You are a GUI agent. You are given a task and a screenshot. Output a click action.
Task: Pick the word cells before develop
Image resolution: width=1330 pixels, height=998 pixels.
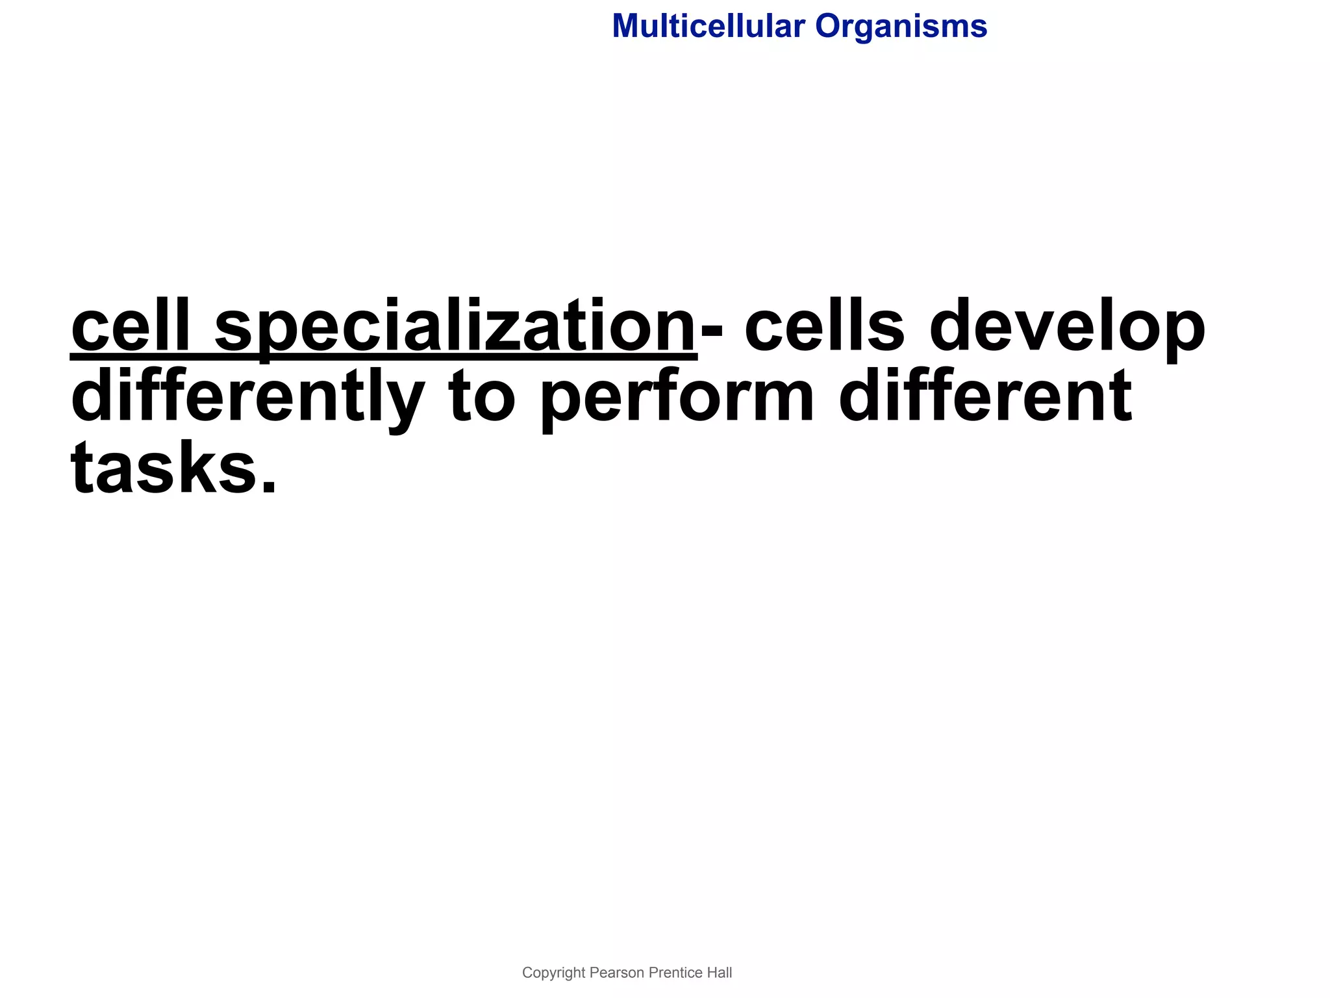click(824, 325)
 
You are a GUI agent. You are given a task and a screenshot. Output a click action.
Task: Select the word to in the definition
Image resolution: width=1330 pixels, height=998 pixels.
click(481, 397)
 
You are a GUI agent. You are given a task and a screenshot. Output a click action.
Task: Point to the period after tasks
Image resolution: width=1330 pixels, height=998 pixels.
click(268, 486)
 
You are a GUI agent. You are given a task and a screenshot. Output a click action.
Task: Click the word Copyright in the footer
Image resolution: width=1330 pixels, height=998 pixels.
click(553, 973)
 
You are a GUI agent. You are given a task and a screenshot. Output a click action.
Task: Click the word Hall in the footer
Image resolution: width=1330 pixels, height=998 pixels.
click(720, 973)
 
